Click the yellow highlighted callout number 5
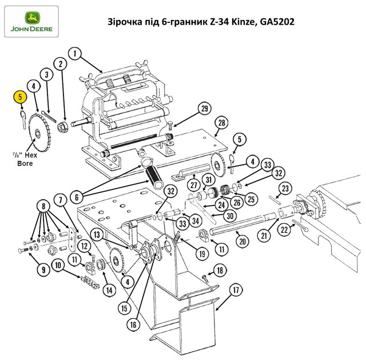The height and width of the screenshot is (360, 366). pos(21,97)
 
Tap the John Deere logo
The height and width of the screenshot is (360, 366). pos(31,22)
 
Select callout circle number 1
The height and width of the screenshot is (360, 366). pos(75,53)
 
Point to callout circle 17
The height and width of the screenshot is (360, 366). pos(236,290)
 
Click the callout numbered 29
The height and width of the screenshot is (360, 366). pos(205,109)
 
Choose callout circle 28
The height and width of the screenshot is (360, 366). pos(221,122)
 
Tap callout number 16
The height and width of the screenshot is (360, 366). pos(133,325)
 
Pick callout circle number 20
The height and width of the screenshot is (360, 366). pos(242,242)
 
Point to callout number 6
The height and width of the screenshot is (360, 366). pos(77,197)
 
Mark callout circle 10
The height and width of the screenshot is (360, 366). pos(58,265)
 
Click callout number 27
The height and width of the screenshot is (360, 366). pos(194,185)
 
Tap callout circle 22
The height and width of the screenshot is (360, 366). pos(284,230)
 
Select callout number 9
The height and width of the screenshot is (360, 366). pos(43,270)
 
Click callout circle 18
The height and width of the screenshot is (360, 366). pos(220,271)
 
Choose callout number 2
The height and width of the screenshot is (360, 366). pos(61,64)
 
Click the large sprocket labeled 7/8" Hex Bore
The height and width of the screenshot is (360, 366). pos(39,133)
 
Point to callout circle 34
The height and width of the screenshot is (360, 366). pos(196,220)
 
